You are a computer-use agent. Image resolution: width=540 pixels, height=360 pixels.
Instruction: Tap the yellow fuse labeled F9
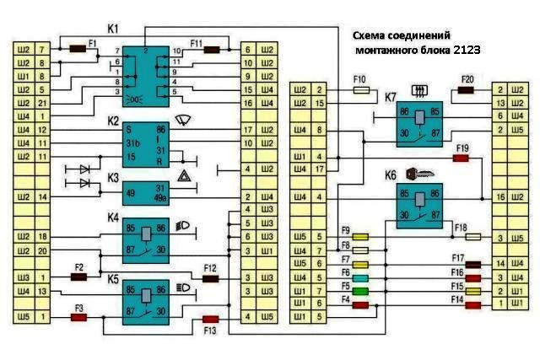[x=360, y=239]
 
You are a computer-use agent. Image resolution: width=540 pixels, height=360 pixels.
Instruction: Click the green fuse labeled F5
[x=360, y=291]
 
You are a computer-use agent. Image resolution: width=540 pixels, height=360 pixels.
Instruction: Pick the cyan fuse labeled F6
[x=360, y=277]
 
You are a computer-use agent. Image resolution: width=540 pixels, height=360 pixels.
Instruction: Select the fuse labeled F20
[x=466, y=89]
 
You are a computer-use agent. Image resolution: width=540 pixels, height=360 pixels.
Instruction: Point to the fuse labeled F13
[x=210, y=320]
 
